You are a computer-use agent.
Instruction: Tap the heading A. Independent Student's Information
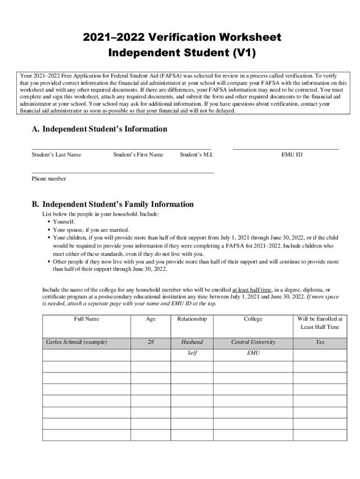click(99, 129)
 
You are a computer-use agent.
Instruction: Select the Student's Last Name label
click(56, 154)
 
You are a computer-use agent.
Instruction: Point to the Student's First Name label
click(138, 154)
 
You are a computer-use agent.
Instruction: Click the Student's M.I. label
click(196, 154)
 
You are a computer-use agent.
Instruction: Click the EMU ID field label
click(291, 154)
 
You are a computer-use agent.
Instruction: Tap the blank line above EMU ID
click(286, 147)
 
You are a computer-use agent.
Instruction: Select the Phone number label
click(49, 179)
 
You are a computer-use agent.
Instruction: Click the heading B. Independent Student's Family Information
click(112, 204)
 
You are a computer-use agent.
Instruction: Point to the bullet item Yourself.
click(64, 222)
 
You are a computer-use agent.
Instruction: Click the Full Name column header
click(86, 319)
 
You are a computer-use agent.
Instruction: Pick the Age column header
click(151, 319)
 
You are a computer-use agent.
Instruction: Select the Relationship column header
click(192, 319)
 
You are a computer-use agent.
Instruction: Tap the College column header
click(253, 319)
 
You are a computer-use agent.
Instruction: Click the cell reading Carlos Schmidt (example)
click(77, 342)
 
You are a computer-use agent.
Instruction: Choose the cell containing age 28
click(151, 342)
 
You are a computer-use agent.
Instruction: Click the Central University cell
click(253, 342)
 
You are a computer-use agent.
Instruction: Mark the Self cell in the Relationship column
click(192, 353)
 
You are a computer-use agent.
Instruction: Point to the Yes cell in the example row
click(320, 342)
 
